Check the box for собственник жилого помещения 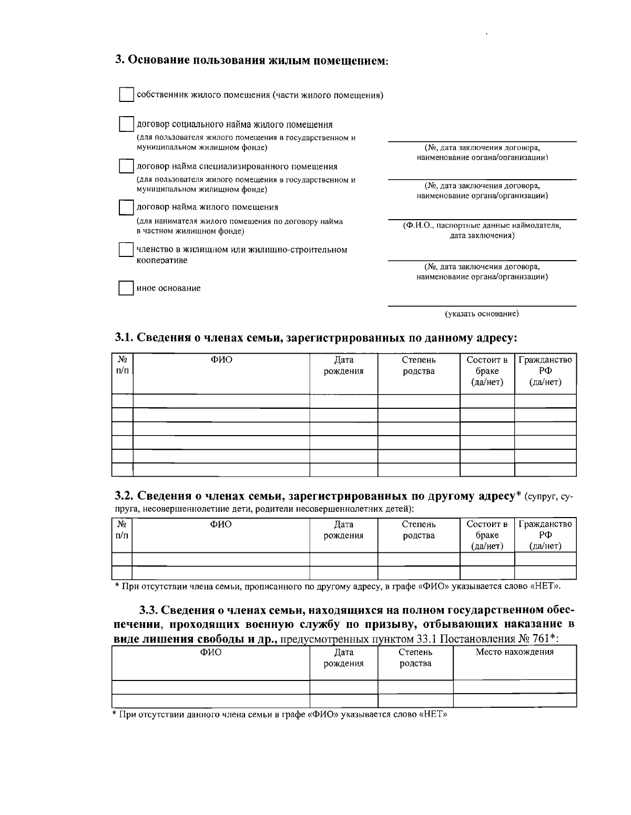[126, 95]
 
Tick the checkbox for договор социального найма [126, 125]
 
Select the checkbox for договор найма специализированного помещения [126, 167]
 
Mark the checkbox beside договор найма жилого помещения [126, 207]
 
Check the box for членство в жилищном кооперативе [126, 249]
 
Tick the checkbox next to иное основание [126, 288]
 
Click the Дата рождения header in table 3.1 [343, 366]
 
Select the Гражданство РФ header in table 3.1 [545, 371]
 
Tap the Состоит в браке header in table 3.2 [487, 535]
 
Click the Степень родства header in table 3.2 [419, 530]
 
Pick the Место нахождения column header [514, 652]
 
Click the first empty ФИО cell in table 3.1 [221, 401]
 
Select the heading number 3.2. [124, 496]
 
